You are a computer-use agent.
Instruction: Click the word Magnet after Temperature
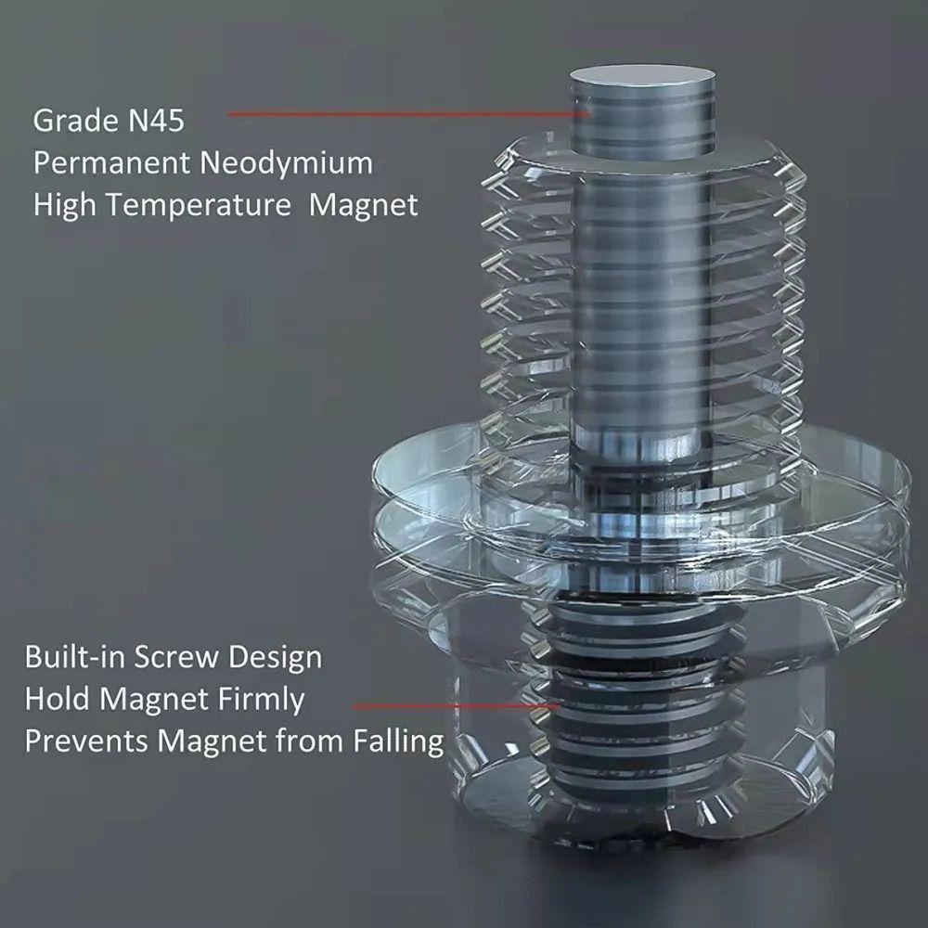click(x=364, y=205)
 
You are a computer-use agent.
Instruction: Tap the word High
click(x=61, y=205)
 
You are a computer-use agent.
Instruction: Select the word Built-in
click(x=73, y=657)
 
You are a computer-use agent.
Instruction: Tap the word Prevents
click(x=85, y=742)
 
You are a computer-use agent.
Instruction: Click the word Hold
click(x=53, y=699)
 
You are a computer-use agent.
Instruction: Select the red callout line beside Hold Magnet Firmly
click(x=455, y=706)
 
